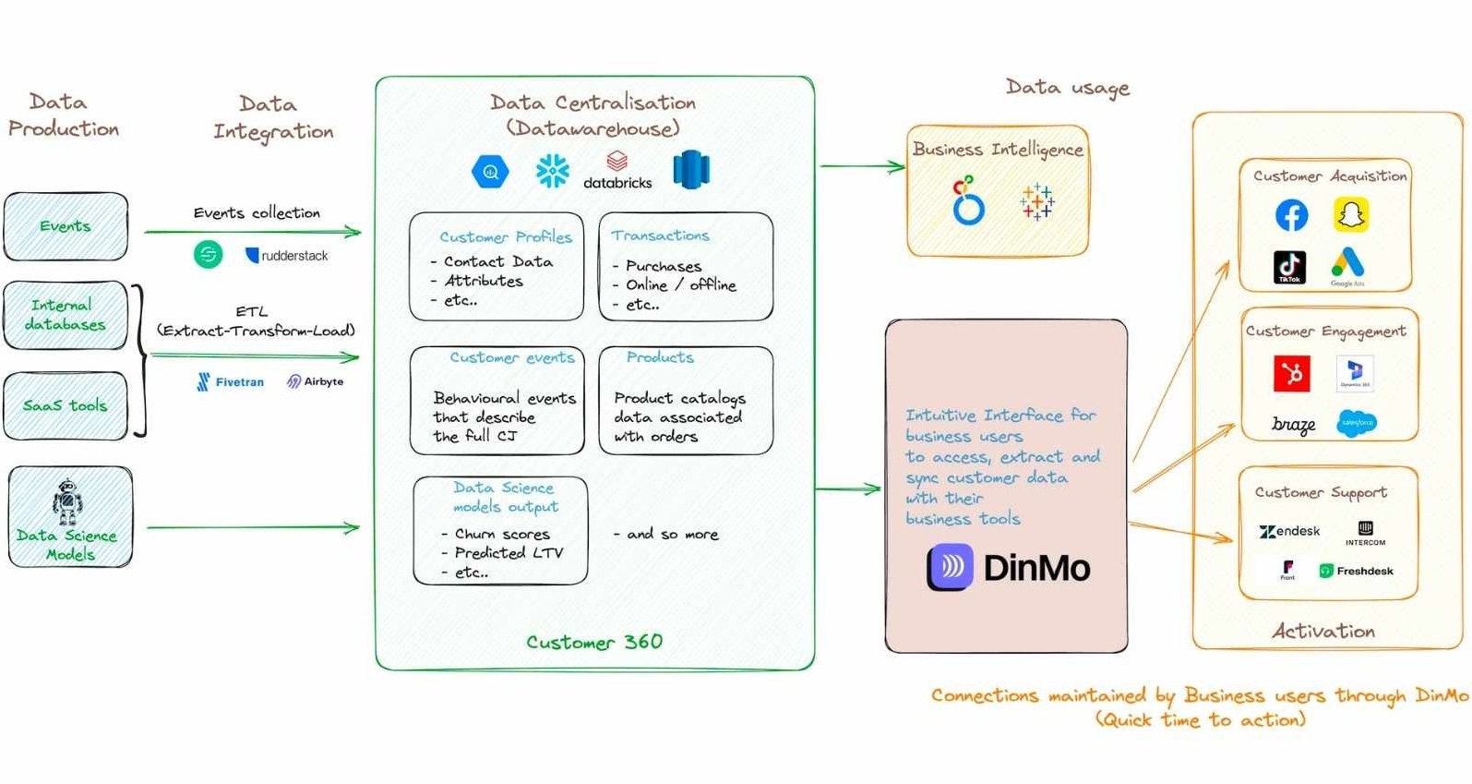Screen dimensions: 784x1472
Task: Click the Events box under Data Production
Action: [66, 226]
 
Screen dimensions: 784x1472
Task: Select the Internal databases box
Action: [65, 315]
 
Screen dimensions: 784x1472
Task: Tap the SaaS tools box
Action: [65, 405]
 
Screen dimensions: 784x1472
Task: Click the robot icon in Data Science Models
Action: [67, 501]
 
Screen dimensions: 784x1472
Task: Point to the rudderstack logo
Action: [286, 255]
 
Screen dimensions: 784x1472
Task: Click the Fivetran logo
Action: [230, 381]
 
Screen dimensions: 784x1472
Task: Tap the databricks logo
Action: [617, 171]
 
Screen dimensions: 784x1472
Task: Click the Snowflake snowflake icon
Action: [553, 171]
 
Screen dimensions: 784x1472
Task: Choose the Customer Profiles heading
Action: [505, 237]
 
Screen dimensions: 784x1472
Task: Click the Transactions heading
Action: [660, 235]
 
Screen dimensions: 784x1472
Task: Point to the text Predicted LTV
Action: [509, 552]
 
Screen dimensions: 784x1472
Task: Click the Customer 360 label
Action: [594, 642]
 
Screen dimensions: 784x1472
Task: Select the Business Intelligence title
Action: [998, 149]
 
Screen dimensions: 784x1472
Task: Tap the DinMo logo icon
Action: [951, 567]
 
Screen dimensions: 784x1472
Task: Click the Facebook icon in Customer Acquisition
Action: [1291, 215]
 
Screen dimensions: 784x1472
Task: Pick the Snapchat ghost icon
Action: [1351, 215]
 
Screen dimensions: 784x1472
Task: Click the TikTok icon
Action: [1289, 267]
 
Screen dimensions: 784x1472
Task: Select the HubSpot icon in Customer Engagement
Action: [1291, 373]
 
